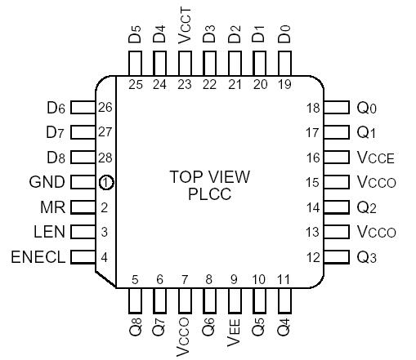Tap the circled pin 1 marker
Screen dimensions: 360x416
pos(105,183)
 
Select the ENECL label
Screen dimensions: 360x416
pos(38,257)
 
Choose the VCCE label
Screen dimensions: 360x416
pos(376,158)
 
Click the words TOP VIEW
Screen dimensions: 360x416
pos(209,176)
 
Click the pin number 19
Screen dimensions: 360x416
pos(284,84)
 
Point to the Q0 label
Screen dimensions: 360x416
pos(368,108)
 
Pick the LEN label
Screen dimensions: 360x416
pos(51,232)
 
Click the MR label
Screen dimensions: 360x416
pos(53,207)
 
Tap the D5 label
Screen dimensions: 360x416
pos(135,37)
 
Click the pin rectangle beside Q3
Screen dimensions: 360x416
pos(335,257)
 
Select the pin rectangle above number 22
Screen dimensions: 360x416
pos(209,64)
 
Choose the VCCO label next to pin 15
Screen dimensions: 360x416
pos(376,182)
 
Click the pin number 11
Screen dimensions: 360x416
pos(284,280)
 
